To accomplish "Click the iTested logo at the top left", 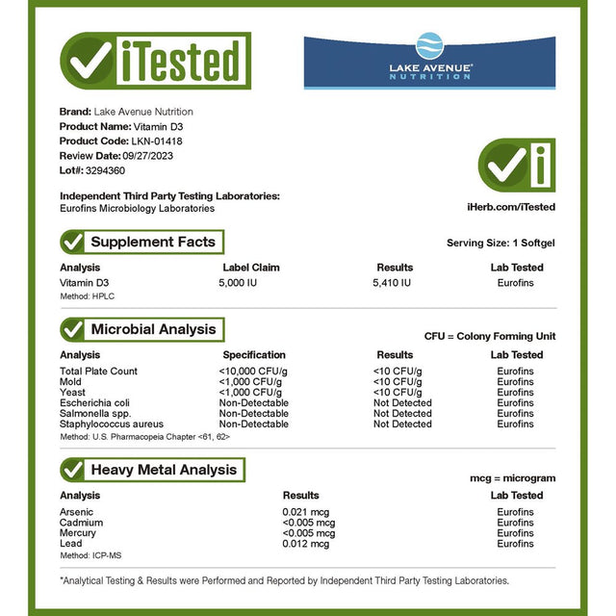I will [x=155, y=61].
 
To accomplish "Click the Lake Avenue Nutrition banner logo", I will [x=429, y=61].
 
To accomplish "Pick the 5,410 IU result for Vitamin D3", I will [x=393, y=282].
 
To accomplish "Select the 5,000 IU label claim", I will [x=240, y=282].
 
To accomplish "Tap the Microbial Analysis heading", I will [x=153, y=329].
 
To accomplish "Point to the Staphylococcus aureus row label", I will [x=112, y=423].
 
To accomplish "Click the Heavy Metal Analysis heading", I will [x=164, y=470].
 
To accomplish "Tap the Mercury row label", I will [x=78, y=533].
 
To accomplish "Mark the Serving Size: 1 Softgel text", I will [x=500, y=244].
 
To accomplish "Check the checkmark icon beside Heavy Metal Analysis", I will [x=73, y=470].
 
